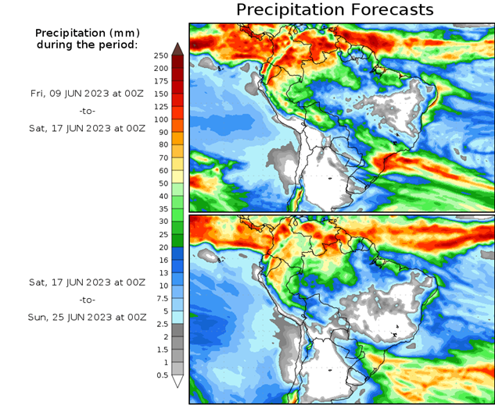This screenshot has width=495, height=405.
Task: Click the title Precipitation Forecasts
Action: pos(334,10)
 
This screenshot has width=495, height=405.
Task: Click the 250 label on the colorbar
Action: pos(160,56)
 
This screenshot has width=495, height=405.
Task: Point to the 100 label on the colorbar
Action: pos(160,119)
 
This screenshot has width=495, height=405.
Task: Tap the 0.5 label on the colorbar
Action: pos(161,375)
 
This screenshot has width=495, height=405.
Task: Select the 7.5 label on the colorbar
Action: pos(161,298)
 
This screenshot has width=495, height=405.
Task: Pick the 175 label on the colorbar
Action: pos(160,81)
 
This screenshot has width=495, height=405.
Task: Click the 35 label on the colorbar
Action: pos(162,209)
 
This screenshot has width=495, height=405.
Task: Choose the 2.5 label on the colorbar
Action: pos(161,324)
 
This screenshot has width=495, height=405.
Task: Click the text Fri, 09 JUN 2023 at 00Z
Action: pos(87,93)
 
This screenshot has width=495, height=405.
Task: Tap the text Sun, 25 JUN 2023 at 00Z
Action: pos(87,318)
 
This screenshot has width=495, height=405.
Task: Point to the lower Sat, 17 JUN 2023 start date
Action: pos(87,281)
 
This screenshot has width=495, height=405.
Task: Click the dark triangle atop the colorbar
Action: pos(178,48)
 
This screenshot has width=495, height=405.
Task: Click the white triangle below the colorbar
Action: pos(178,382)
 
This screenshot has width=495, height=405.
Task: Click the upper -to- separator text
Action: pos(87,111)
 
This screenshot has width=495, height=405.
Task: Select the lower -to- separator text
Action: pos(87,300)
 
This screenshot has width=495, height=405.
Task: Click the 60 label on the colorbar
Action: pos(162,171)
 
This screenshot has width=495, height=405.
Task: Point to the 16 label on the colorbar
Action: pos(162,260)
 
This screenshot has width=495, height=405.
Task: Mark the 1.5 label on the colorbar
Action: pos(161,350)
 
